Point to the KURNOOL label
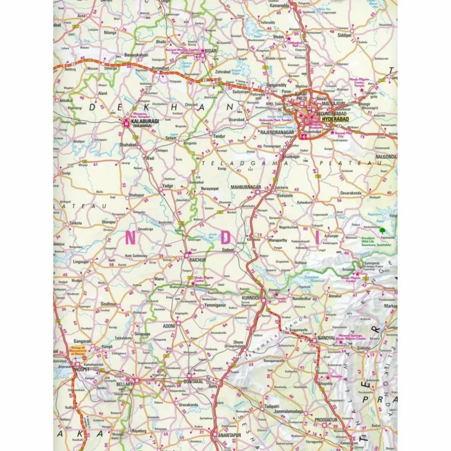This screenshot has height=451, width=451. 250,298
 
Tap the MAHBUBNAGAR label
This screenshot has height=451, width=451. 245,187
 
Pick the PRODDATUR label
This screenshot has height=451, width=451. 326,419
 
